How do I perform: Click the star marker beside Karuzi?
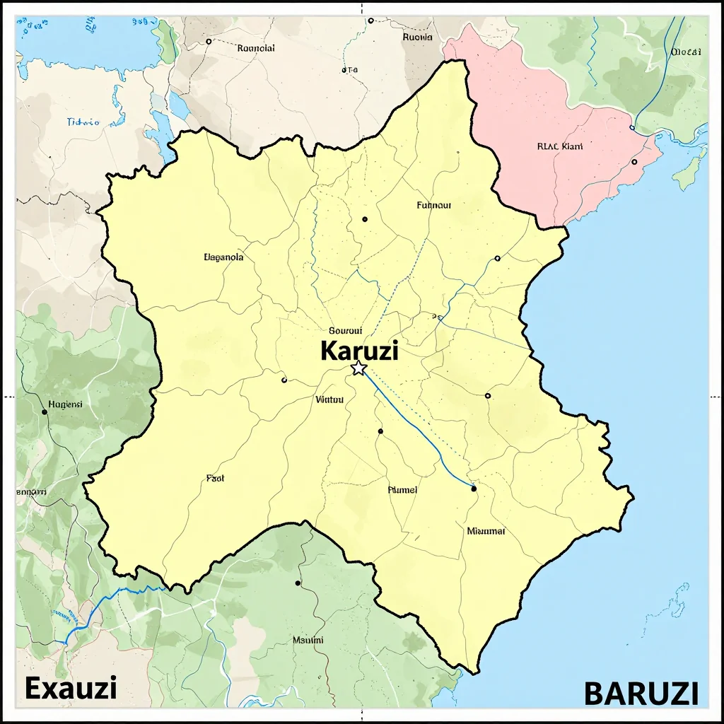pos(358,368)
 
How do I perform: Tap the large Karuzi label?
pos(359,350)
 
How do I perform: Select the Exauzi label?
pos(71,687)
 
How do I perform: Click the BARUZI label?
pos(641,693)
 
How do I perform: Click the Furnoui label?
pos(434,206)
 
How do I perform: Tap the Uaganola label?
pos(223,257)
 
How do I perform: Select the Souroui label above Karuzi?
pos(346,330)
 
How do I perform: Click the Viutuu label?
pos(329,399)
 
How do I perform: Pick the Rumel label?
pos(403,489)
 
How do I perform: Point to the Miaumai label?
pos(486,530)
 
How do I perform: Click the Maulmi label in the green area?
pos(308,640)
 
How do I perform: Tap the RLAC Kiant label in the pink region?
pos(560,147)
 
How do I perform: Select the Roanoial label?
pos(256,48)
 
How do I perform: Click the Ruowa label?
pos(417,37)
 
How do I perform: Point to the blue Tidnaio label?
pos(83,122)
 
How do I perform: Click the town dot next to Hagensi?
pos(44,411)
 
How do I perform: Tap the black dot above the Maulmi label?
pos(298,583)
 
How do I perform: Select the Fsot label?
pos(215,478)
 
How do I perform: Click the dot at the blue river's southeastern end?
pos(474,489)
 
